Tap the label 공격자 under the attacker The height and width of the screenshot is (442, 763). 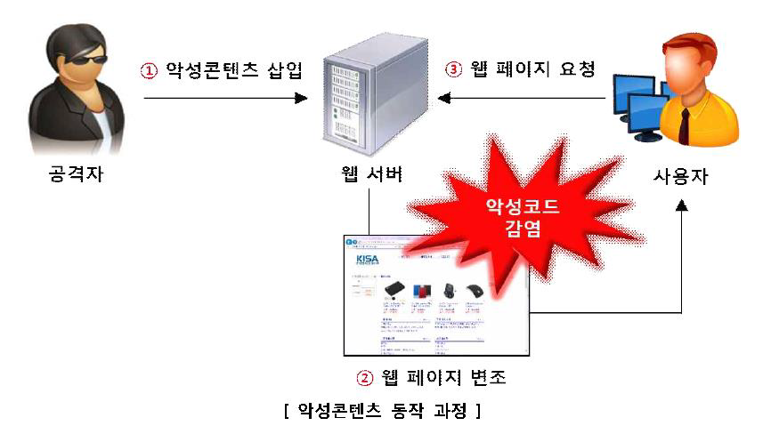click(x=77, y=174)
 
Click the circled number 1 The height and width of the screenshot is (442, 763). click(x=149, y=70)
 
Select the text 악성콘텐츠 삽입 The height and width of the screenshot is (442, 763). click(x=234, y=70)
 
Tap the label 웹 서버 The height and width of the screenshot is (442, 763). click(x=374, y=174)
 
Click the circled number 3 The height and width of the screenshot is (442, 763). click(x=455, y=70)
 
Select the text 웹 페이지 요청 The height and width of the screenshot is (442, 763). click(x=535, y=70)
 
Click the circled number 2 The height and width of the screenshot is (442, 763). click(x=363, y=377)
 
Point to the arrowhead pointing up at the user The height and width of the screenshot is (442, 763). click(x=682, y=205)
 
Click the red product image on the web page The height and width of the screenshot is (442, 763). click(x=421, y=290)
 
